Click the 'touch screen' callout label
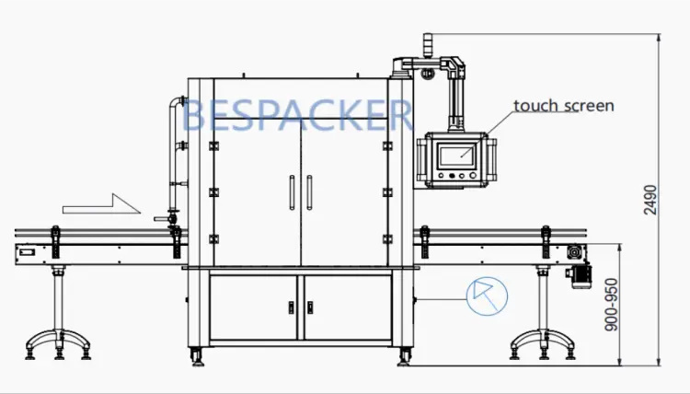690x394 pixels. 563,106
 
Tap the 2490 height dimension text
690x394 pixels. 650,200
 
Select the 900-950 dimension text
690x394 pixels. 611,305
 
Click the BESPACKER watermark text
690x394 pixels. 297,115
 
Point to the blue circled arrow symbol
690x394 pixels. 487,296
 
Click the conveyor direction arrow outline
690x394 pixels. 101,203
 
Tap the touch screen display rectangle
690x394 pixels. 457,156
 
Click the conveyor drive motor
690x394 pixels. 581,276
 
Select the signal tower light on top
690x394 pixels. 428,45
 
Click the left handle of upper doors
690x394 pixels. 292,192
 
